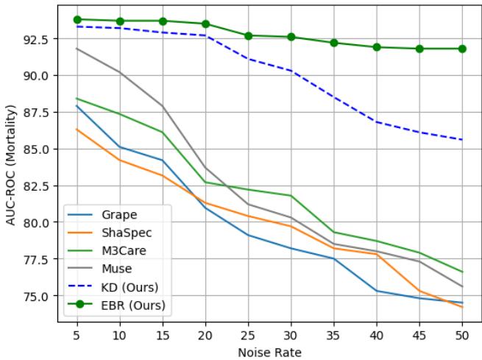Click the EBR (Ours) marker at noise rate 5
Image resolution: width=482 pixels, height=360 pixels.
click(x=77, y=19)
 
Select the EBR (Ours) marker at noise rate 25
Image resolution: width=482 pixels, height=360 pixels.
click(x=248, y=35)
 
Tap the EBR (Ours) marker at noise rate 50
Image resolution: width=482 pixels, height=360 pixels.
click(x=462, y=49)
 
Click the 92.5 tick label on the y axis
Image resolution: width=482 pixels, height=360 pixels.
click(x=35, y=38)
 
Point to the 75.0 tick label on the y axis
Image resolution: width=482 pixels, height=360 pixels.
click(x=35, y=296)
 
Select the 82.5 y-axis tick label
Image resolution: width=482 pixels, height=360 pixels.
click(x=35, y=186)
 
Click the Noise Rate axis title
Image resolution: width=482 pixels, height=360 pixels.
click(x=269, y=351)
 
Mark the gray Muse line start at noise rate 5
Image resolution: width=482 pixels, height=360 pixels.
click(x=77, y=49)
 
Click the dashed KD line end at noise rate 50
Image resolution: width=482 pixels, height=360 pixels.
click(x=462, y=140)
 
